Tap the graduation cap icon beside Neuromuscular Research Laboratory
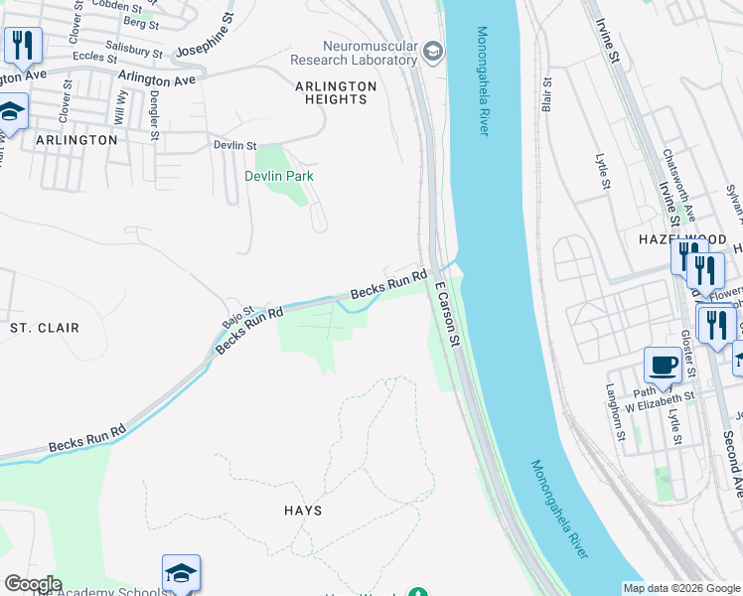coord(432,51)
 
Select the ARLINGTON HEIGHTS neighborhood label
coord(336,92)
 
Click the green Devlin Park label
coord(279,176)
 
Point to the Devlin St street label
coord(235,145)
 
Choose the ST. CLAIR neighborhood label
coord(44,327)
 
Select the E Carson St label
coord(446,313)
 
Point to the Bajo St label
coord(238,316)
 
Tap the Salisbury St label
coord(134,50)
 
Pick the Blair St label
coord(546,95)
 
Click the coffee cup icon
coord(663,365)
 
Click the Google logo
coord(32,584)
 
